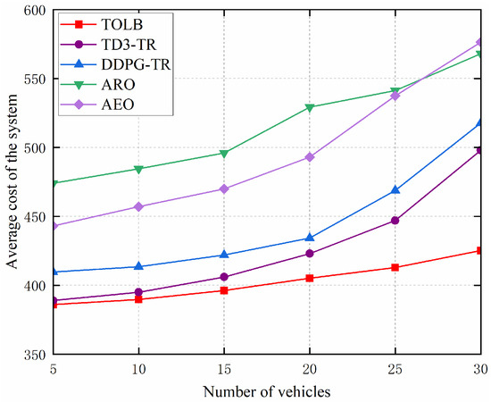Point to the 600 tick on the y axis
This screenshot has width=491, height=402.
click(x=34, y=10)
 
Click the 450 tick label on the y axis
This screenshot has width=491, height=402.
click(x=34, y=217)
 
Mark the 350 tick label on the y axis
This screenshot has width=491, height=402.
click(x=34, y=355)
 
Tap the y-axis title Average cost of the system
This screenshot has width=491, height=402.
click(x=12, y=182)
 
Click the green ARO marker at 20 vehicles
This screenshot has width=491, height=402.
click(x=310, y=107)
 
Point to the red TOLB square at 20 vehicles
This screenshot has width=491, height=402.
click(x=310, y=278)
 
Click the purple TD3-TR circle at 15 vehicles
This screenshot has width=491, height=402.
click(x=223, y=277)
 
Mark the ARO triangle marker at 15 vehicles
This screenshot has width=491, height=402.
click(x=223, y=154)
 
